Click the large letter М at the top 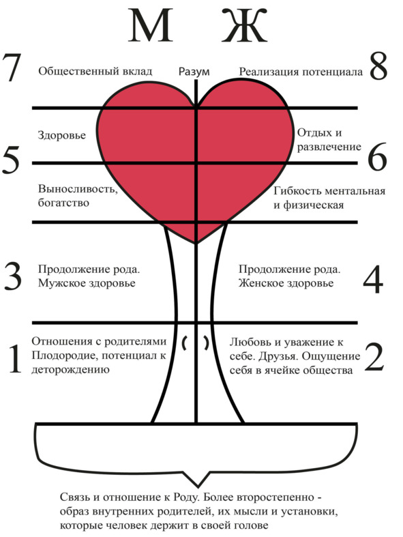click(150, 26)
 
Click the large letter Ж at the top click(244, 26)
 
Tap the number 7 click(12, 67)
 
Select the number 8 click(378, 66)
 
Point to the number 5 click(11, 159)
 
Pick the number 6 click(377, 157)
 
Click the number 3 click(13, 276)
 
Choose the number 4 click(373, 279)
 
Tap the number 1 click(15, 359)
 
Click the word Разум click(194, 72)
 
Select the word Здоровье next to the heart click(61, 135)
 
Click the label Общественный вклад click(95, 71)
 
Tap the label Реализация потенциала click(301, 72)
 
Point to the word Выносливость click(78, 189)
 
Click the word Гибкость click(297, 190)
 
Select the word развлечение click(329, 147)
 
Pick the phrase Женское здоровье click(286, 283)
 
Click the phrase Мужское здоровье click(87, 283)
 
